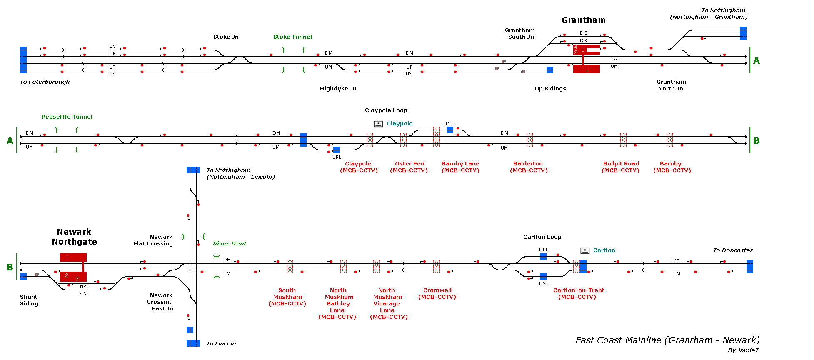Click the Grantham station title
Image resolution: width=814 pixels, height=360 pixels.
(x=583, y=20)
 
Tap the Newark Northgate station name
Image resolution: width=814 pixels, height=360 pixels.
(x=74, y=237)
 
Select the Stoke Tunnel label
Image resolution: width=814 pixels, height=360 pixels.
(x=292, y=37)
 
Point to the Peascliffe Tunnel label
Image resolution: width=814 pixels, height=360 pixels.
(x=67, y=117)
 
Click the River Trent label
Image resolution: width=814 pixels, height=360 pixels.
(x=230, y=243)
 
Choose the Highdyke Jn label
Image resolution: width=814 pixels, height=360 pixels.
(x=338, y=88)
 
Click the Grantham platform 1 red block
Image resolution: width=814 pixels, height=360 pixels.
(x=587, y=69)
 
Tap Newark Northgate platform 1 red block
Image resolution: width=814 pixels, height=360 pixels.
(x=73, y=257)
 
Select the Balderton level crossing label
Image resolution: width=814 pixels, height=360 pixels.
(x=529, y=167)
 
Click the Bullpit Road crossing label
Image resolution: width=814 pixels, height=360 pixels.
(x=621, y=167)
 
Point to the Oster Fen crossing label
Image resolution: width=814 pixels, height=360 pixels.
(x=409, y=167)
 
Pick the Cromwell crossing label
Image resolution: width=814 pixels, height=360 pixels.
(x=437, y=293)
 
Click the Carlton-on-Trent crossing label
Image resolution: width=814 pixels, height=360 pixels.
(x=578, y=293)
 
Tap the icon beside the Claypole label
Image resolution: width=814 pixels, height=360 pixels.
(x=378, y=124)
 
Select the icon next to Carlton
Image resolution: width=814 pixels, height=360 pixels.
(x=585, y=250)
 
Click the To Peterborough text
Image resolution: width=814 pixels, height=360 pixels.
(x=45, y=82)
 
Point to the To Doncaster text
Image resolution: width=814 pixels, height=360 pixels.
(x=733, y=250)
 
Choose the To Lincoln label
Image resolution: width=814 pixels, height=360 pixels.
(x=221, y=343)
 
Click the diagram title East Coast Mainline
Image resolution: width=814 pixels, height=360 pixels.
(x=667, y=340)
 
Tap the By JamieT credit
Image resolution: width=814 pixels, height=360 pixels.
(x=743, y=350)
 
